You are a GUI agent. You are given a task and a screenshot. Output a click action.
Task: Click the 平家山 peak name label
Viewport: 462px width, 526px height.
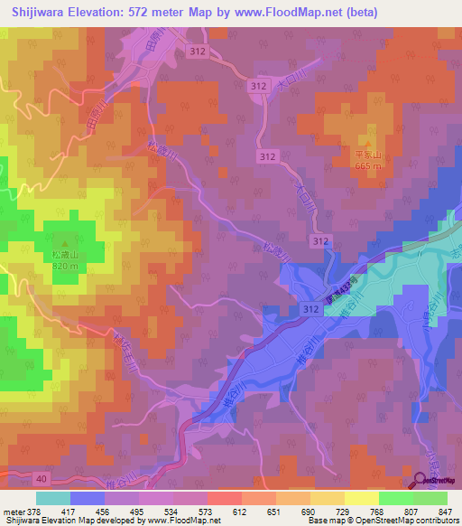368,155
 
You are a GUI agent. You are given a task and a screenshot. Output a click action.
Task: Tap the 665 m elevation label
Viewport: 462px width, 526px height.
368,165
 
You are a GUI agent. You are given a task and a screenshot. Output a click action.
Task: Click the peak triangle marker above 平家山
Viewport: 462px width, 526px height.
368,146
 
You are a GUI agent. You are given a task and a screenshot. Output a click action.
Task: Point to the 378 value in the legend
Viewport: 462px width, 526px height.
34,511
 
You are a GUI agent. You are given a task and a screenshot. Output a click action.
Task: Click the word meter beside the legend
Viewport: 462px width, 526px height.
13,511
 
